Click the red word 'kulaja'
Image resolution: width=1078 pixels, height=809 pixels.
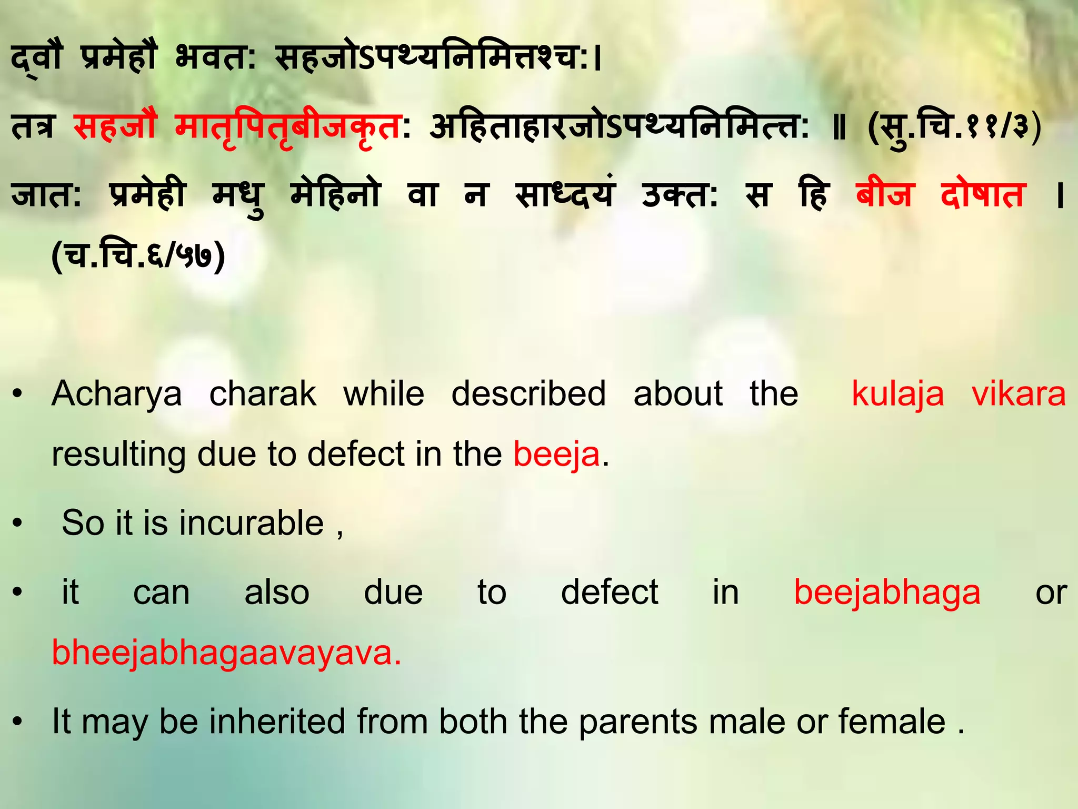tap(898, 394)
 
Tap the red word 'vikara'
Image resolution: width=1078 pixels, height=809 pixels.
tap(1019, 394)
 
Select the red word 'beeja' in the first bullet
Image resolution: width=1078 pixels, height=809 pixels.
tap(556, 455)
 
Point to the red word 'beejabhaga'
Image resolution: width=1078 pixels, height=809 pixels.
tap(887, 593)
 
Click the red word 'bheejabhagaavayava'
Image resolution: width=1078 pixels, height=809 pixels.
tap(226, 653)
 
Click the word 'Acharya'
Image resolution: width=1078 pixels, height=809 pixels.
tap(117, 394)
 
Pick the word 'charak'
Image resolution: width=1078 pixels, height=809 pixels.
tap(263, 394)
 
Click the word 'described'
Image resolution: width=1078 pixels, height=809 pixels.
tap(528, 394)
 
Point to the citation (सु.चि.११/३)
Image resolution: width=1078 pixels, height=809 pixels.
tap(954, 128)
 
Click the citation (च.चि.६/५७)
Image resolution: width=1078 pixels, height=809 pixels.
tap(138, 256)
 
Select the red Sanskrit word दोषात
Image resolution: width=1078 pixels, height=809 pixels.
tap(983, 194)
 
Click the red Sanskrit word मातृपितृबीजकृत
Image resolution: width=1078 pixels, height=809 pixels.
tap(288, 128)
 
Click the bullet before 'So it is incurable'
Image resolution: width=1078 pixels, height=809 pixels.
tap(18, 524)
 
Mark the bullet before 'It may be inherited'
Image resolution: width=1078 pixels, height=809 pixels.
tap(18, 722)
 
